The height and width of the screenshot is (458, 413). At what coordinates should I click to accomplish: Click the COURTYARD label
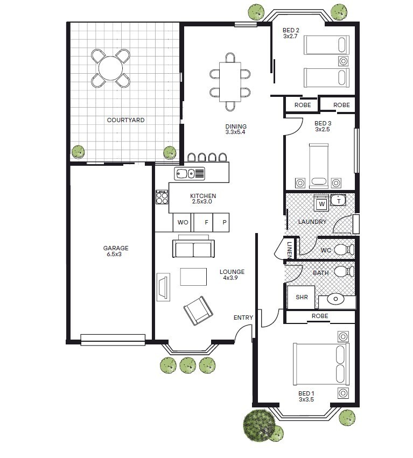(125, 120)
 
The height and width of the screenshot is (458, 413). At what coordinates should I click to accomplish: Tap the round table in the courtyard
(110, 68)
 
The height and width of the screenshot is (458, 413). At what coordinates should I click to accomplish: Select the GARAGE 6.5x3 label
(115, 251)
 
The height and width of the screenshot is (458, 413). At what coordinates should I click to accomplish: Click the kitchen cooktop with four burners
(162, 197)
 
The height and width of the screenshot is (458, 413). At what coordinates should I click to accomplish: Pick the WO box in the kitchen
(182, 223)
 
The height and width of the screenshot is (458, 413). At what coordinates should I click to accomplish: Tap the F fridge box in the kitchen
(203, 223)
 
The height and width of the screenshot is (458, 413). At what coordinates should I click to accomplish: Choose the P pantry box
(221, 223)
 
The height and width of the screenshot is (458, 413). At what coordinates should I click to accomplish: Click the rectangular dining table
(230, 82)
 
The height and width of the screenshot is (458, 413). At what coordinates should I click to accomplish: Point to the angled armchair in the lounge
(198, 311)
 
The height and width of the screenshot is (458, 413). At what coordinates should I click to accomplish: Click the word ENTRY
(243, 318)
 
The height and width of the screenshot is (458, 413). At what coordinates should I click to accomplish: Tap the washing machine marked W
(321, 203)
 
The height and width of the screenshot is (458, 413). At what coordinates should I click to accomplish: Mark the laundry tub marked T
(339, 200)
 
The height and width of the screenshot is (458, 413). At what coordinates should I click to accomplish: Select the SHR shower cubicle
(301, 297)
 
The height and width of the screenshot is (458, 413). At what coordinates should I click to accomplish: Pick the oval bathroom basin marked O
(335, 299)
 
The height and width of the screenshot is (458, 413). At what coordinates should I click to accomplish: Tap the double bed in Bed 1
(321, 364)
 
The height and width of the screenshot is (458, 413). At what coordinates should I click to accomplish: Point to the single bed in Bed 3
(319, 165)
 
